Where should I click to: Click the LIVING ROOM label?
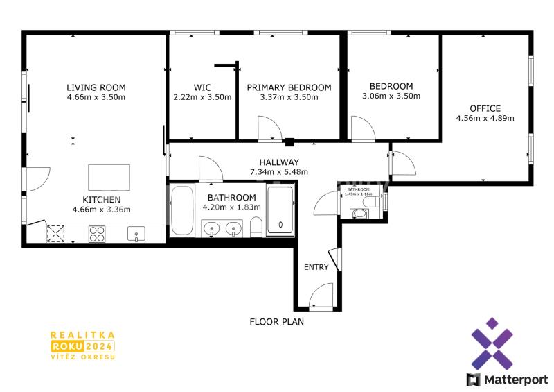(96, 87)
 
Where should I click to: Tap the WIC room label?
(202, 87)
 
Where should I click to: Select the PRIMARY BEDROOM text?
(289, 87)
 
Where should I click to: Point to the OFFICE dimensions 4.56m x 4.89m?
(485, 118)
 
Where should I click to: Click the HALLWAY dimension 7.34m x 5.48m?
(279, 172)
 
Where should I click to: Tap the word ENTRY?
(316, 267)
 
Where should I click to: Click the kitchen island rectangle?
(109, 178)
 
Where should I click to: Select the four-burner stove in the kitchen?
(97, 234)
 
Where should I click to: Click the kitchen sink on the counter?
(136, 234)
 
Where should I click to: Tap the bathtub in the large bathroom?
(182, 210)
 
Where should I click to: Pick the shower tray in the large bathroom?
(280, 210)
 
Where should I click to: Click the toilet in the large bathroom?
(256, 228)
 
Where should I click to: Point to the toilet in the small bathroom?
(371, 202)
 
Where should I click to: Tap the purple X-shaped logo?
(492, 343)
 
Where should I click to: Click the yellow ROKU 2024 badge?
(83, 346)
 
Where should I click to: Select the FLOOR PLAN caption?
(276, 322)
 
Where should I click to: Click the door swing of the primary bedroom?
(270, 128)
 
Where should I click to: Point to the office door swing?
(404, 163)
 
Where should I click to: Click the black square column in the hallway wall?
(289, 142)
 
